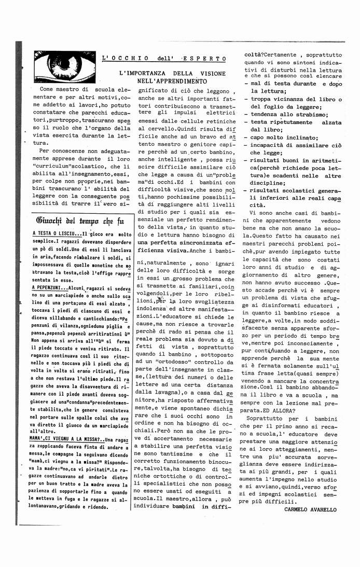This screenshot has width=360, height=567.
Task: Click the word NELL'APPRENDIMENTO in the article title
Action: (x=172, y=81)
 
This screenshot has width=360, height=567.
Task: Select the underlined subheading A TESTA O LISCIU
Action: (x=57, y=234)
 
